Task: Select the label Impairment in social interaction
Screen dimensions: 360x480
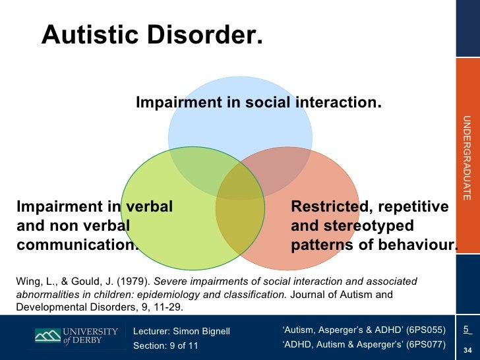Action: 258,103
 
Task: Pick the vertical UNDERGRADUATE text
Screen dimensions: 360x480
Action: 466,158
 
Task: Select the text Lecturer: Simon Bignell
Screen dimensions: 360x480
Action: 181,331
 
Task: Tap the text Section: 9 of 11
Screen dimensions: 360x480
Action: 165,346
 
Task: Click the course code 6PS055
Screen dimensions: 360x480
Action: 426,330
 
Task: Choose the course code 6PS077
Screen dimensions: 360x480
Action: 426,345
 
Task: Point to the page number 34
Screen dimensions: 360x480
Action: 467,349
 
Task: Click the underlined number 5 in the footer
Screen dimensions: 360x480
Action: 466,330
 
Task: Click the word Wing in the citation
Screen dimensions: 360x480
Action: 27,282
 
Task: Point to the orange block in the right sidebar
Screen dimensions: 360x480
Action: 467,85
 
